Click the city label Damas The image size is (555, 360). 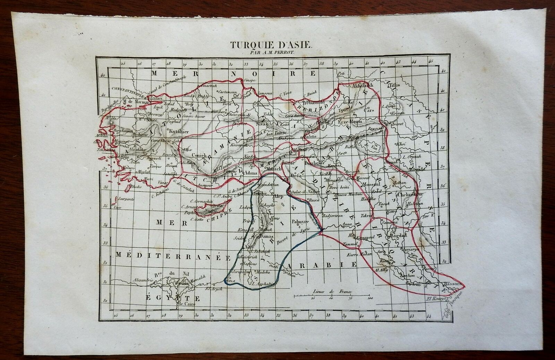(267, 235)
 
